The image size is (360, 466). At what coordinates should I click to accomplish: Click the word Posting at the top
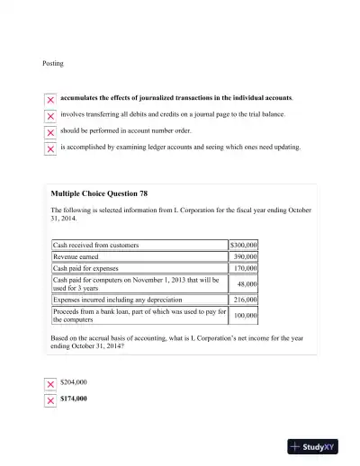click(53, 64)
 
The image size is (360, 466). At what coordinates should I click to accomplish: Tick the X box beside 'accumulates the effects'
click(50, 99)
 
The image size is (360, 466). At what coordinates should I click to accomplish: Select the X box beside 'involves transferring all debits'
click(50, 116)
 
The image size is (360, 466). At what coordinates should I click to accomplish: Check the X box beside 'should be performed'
click(50, 131)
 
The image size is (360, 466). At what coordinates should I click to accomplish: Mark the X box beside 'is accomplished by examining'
click(50, 148)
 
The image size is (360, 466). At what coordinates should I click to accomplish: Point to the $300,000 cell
click(244, 245)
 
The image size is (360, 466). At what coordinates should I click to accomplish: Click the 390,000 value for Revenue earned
click(245, 256)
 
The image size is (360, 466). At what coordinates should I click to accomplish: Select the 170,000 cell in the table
click(245, 268)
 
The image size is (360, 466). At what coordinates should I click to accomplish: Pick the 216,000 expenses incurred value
click(245, 300)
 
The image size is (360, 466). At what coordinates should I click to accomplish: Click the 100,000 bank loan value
click(245, 316)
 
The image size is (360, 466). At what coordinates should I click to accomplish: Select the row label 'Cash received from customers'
click(95, 245)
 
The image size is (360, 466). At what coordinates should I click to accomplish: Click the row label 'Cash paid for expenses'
click(85, 268)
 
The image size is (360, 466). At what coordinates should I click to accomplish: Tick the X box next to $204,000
click(50, 384)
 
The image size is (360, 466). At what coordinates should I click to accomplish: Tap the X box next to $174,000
click(50, 400)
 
